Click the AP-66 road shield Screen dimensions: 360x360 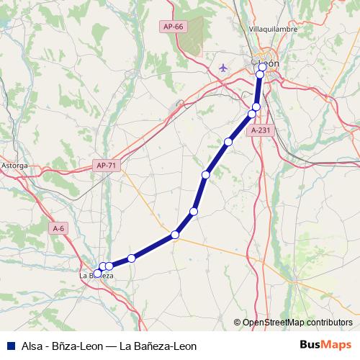coord(174,27)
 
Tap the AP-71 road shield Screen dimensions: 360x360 coord(106,166)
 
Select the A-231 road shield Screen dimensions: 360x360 coord(261,130)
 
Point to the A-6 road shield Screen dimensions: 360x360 coord(59,228)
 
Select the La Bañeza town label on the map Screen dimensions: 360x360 coord(96,276)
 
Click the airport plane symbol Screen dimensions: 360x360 coord(222,68)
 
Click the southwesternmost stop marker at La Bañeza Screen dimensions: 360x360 coord(98,273)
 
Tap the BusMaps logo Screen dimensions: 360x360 coord(325,345)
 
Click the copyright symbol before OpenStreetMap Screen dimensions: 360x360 coord(237,323)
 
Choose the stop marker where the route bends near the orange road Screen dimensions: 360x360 coord(175,235)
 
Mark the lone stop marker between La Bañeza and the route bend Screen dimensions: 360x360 coord(131,258)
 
